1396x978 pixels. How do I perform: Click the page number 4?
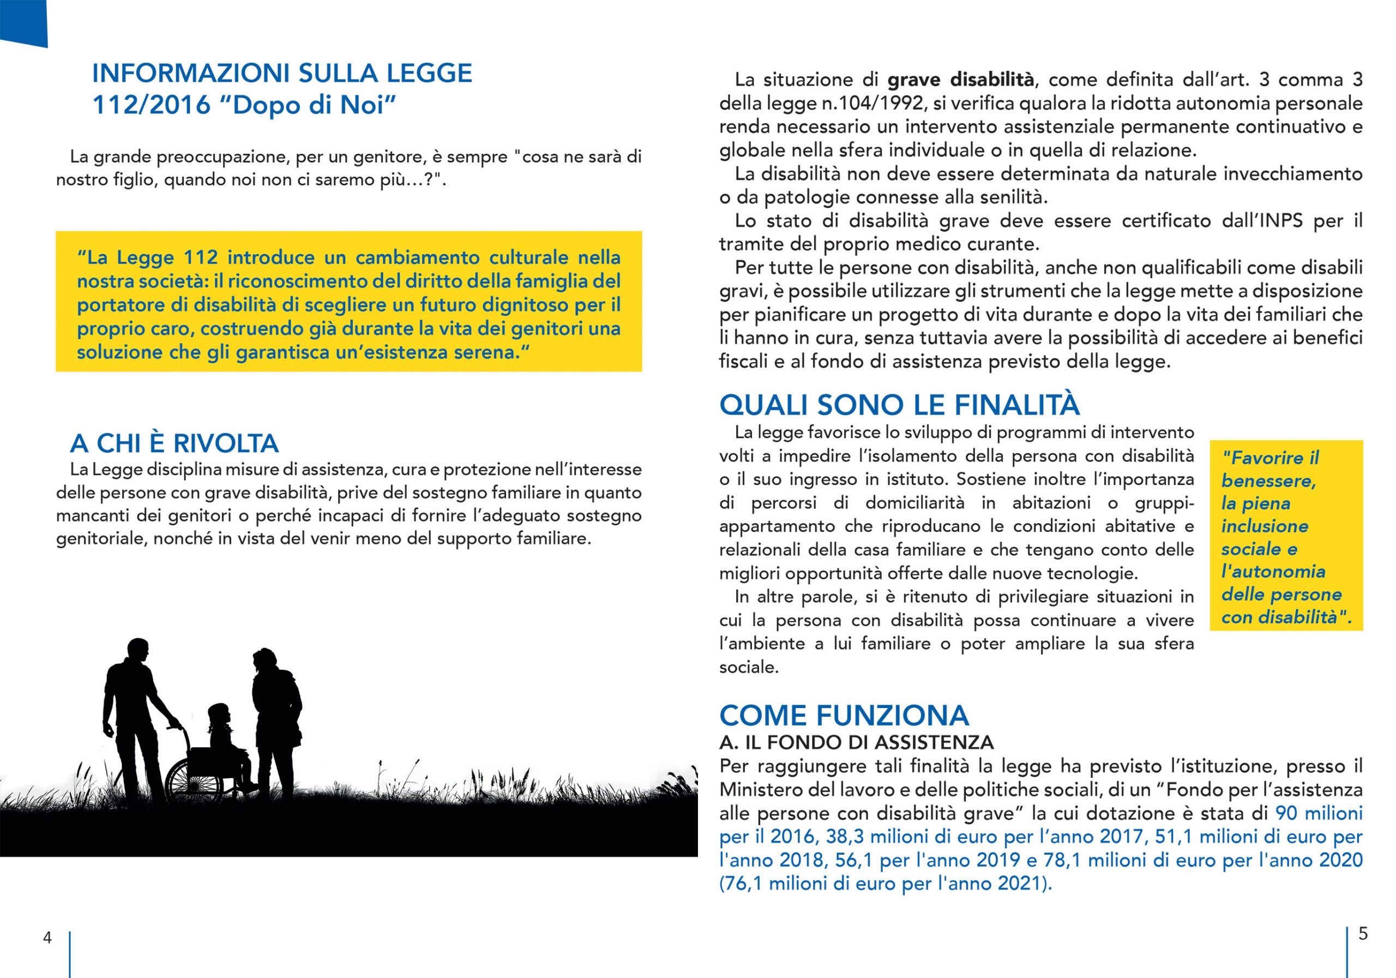click(x=47, y=937)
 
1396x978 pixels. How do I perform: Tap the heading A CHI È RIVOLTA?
click(x=174, y=443)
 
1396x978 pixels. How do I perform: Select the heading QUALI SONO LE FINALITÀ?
click(x=899, y=405)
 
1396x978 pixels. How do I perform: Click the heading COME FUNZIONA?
click(x=843, y=715)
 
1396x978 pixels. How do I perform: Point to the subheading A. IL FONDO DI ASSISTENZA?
click(x=856, y=742)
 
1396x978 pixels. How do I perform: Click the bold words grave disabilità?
click(x=961, y=80)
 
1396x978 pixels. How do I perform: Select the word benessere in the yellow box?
click(x=1268, y=481)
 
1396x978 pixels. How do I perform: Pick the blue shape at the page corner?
click(x=23, y=22)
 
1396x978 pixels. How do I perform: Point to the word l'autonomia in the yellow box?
click(x=1273, y=571)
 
